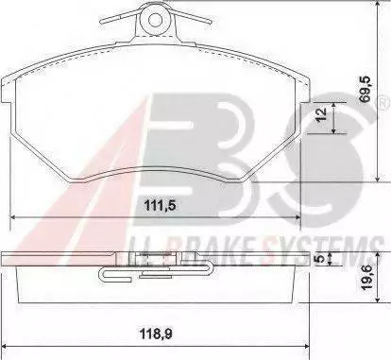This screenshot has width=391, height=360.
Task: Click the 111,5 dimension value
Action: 160,206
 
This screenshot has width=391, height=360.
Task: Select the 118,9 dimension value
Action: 157,334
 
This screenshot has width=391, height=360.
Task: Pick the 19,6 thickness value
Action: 366,278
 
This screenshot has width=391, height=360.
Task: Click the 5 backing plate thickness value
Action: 320,259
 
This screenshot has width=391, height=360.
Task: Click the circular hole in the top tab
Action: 155,21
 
